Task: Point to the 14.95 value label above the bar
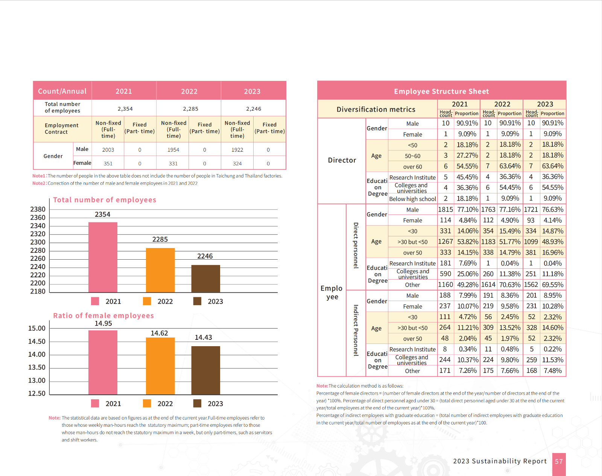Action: pyautogui.click(x=103, y=324)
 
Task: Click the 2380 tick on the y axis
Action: pyautogui.click(x=38, y=209)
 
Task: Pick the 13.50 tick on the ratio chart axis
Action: pyautogui.click(x=37, y=367)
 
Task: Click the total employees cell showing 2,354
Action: pyautogui.click(x=125, y=109)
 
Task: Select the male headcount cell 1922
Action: pyautogui.click(x=237, y=150)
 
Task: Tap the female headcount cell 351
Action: pyautogui.click(x=108, y=164)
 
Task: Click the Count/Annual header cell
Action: pyautogui.click(x=62, y=91)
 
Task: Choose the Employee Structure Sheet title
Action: pyautogui.click(x=441, y=91)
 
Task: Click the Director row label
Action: pyautogui.click(x=342, y=160)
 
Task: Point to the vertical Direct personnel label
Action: pyautogui.click(x=356, y=245)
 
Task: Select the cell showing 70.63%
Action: pyautogui.click(x=510, y=285)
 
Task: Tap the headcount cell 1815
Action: pyautogui.click(x=445, y=210)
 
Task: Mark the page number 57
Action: pyautogui.click(x=559, y=461)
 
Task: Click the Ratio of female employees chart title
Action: pyautogui.click(x=103, y=316)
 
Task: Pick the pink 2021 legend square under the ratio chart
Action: pyautogui.click(x=95, y=403)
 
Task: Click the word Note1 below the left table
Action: pyautogui.click(x=39, y=176)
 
